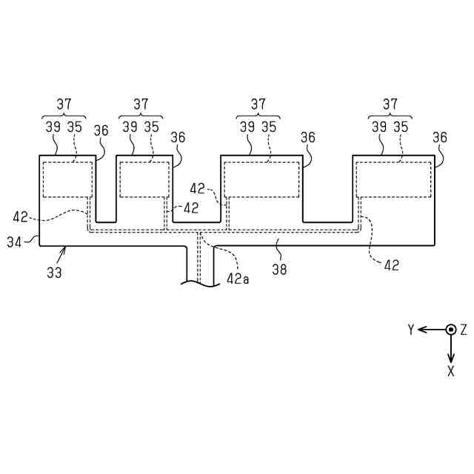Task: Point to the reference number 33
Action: pyautogui.click(x=54, y=273)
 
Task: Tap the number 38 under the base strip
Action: pyautogui.click(x=279, y=270)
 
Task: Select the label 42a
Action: pyautogui.click(x=238, y=278)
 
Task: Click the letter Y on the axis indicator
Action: pyautogui.click(x=410, y=330)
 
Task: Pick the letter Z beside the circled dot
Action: pyautogui.click(x=464, y=329)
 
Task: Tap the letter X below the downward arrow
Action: pyautogui.click(x=450, y=371)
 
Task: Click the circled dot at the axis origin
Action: pyautogui.click(x=450, y=330)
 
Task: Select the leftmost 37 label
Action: pyautogui.click(x=63, y=104)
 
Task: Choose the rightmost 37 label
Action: pyautogui.click(x=390, y=104)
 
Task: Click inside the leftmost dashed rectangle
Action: pyautogui.click(x=67, y=179)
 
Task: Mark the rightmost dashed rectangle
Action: pyautogui.click(x=393, y=179)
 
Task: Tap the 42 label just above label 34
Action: pyautogui.click(x=20, y=218)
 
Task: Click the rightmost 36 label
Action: pyautogui.click(x=440, y=138)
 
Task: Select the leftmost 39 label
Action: pyautogui.click(x=53, y=127)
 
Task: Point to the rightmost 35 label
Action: pyautogui.click(x=401, y=127)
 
